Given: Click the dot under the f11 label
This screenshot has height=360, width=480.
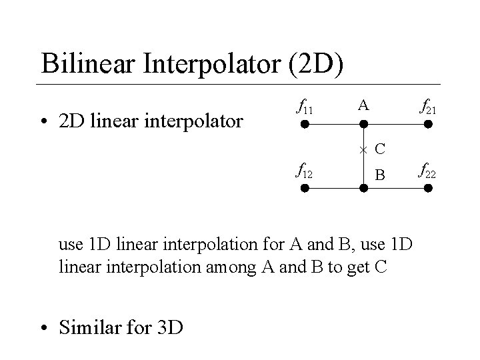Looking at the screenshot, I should [303, 123].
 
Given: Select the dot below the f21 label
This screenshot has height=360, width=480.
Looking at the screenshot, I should [429, 123].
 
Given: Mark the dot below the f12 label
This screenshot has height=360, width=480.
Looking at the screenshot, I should [303, 189].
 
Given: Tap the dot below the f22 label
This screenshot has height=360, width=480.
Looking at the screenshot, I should [429, 189].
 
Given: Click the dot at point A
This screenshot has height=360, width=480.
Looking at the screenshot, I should [363, 123].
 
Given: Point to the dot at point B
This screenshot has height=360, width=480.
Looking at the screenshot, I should [363, 189].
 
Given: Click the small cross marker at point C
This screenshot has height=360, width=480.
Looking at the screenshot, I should [363, 147].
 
